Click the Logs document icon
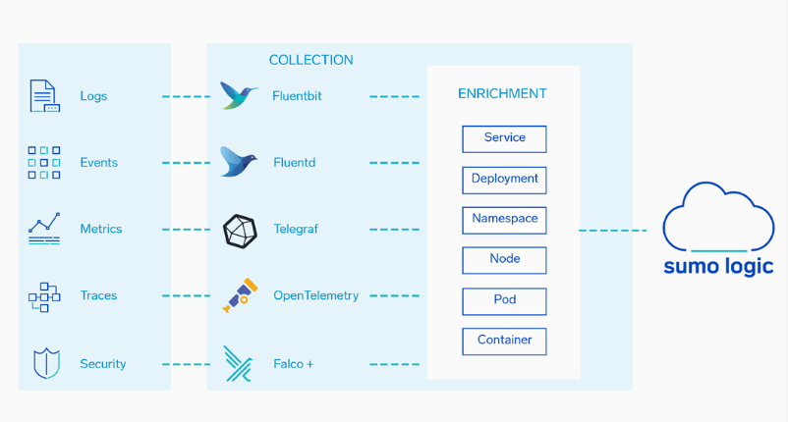coord(45,95)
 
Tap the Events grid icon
coord(44,163)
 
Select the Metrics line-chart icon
coord(44,229)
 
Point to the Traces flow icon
coord(44,297)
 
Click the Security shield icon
coord(47,363)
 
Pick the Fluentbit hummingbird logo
coord(239,95)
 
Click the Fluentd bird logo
coord(238,162)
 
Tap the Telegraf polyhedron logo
coord(240,232)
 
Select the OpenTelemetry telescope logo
coord(240,295)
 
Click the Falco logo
coord(238,364)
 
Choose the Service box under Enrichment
coord(504,139)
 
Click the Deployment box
coord(504,181)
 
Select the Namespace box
coord(504,220)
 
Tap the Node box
coord(504,260)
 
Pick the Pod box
coord(504,301)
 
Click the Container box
coord(504,342)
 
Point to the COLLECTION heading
coord(311,60)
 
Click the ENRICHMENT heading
coord(502,94)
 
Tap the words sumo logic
coord(718,266)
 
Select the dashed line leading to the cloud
coord(612,231)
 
